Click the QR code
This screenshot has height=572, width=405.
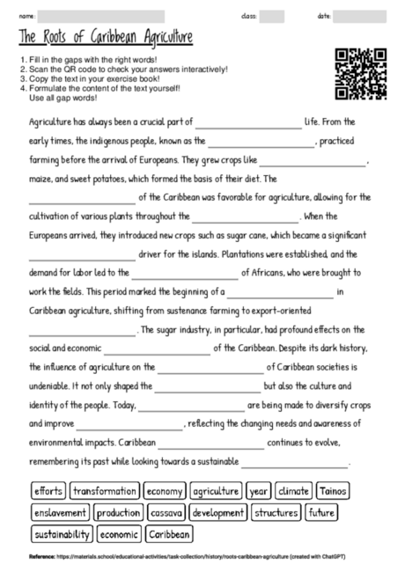point(361,74)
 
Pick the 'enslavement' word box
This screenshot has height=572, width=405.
point(61,512)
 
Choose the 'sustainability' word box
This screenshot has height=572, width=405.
point(62,533)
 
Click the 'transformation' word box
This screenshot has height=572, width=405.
point(105,490)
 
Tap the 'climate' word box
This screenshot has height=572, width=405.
point(293,490)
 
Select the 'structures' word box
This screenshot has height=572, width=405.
point(276,512)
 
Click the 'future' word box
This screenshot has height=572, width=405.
point(321,512)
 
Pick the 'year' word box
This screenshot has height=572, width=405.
point(258,490)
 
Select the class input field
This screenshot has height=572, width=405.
point(271,16)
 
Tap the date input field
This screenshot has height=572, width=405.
point(359,16)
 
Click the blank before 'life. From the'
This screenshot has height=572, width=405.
point(248,124)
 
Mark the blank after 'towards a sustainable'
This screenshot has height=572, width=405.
point(295,463)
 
